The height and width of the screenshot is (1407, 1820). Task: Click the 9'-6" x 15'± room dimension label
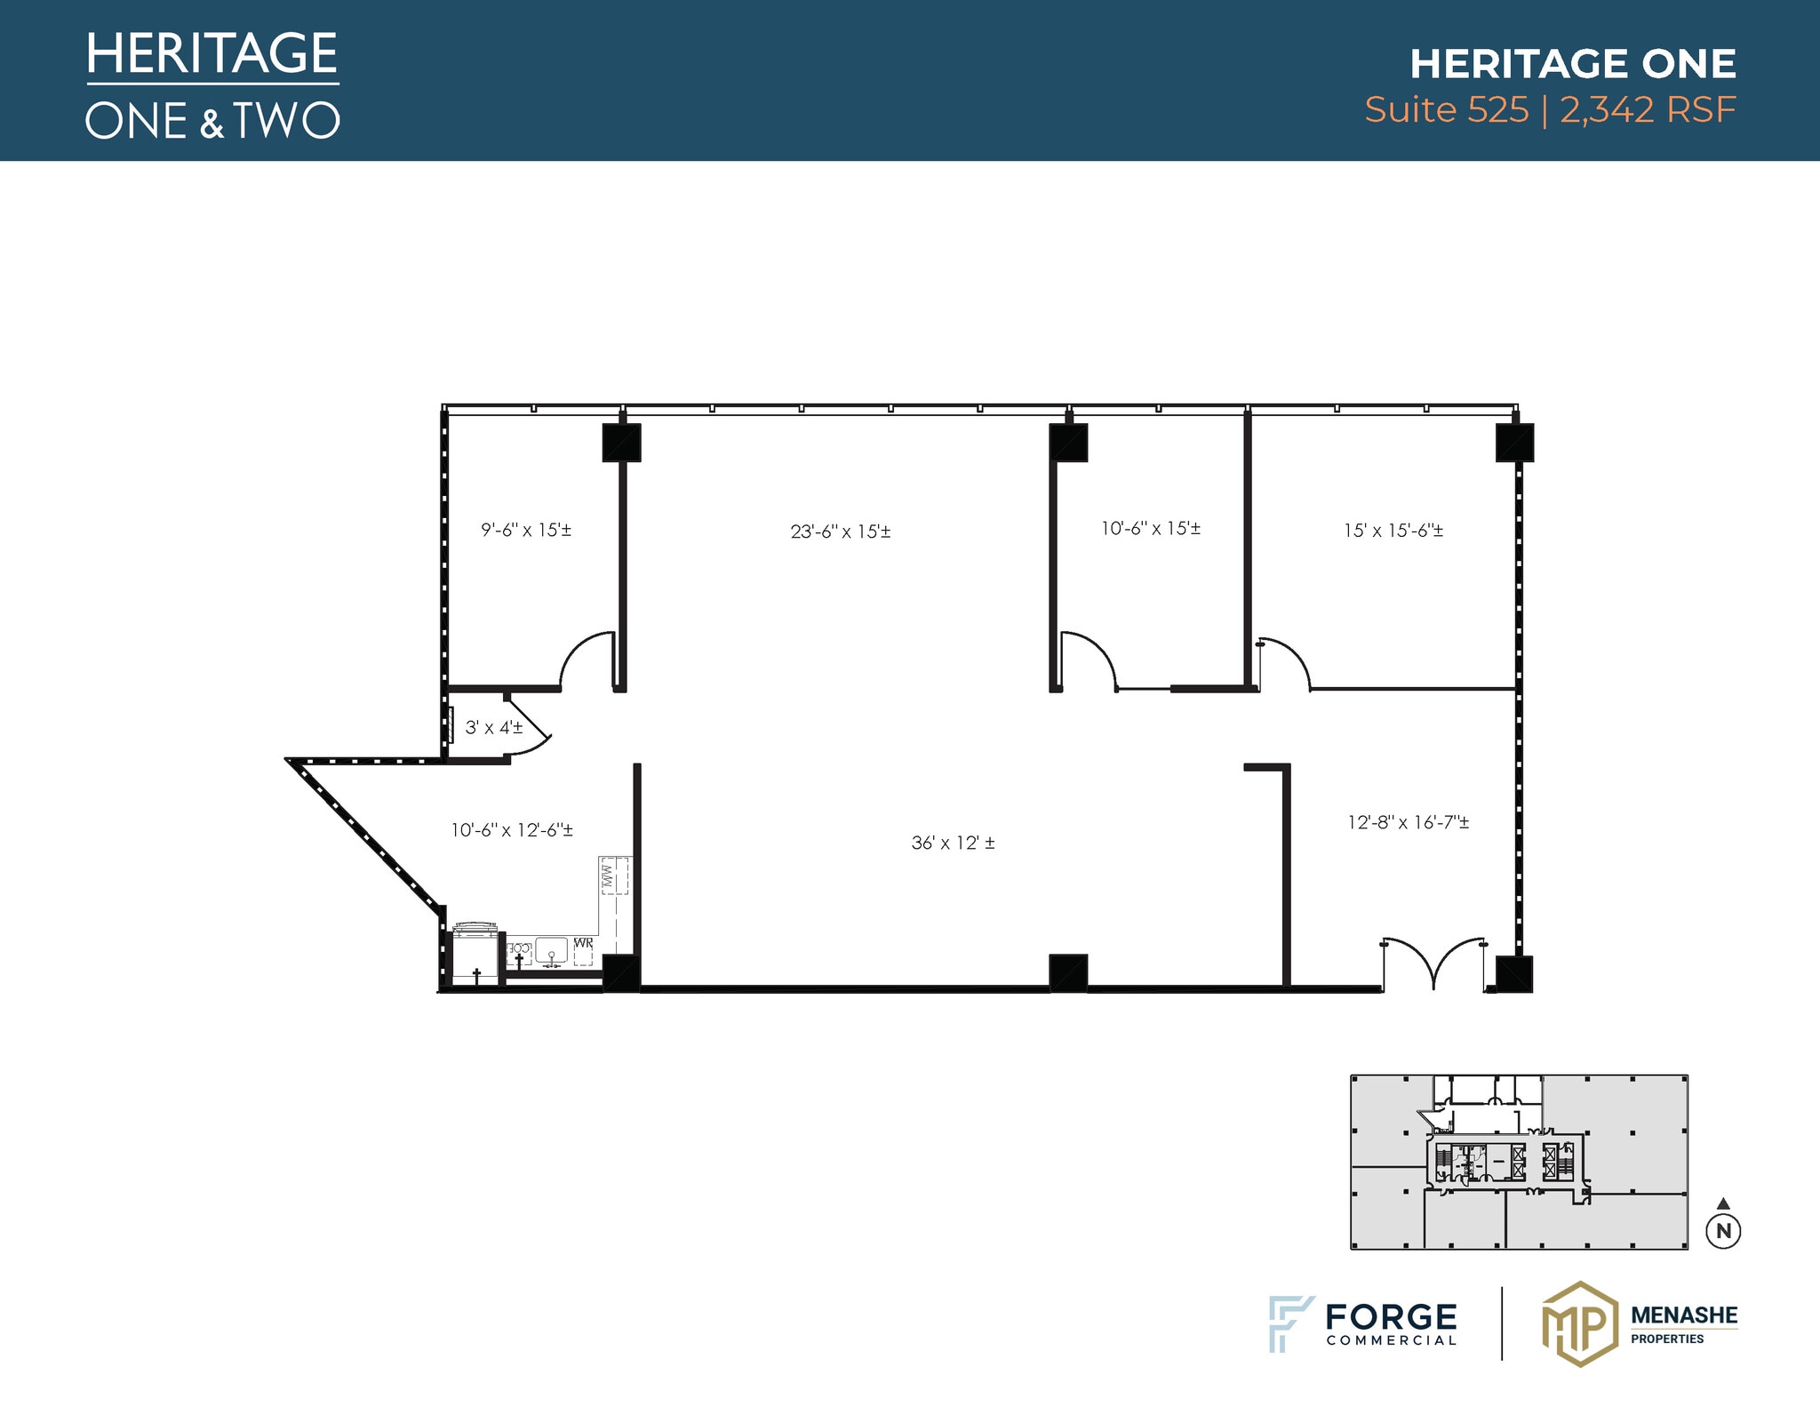(526, 530)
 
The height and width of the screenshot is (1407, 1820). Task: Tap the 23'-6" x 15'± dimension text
(841, 532)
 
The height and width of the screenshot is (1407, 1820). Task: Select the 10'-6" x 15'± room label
(1151, 528)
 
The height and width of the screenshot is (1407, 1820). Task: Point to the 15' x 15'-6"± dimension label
(1393, 531)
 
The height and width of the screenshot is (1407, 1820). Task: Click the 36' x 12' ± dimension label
(953, 843)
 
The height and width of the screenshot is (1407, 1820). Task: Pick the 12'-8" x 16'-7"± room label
(1409, 822)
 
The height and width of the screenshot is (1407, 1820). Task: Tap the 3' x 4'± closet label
(494, 728)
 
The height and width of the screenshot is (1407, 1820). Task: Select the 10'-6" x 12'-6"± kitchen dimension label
(512, 830)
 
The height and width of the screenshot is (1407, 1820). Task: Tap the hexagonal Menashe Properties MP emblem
(1579, 1323)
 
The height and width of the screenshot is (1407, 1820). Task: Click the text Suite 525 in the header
(1447, 110)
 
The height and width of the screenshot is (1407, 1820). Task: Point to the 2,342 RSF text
(1648, 110)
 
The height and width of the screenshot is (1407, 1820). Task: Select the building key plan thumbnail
(1519, 1162)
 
